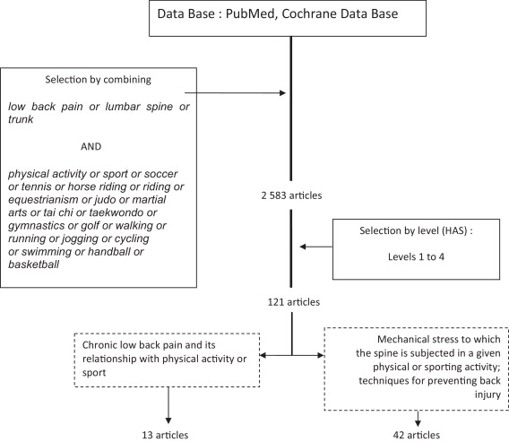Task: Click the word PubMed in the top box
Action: [x=250, y=13]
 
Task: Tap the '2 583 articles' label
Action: [x=291, y=195]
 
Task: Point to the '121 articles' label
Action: [x=293, y=302]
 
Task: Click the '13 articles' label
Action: [x=165, y=435]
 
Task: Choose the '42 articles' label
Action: [x=417, y=435]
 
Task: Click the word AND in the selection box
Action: [x=91, y=146]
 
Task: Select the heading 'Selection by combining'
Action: [x=98, y=80]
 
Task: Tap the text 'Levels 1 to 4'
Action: [x=416, y=257]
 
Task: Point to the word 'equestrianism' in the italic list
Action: [x=44, y=199]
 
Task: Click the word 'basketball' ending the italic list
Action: [x=33, y=264]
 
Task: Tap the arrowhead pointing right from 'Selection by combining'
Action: [x=282, y=93]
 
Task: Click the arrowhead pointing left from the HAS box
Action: [x=303, y=247]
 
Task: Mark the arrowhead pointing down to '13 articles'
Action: [x=168, y=420]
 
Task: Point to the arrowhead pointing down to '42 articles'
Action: [x=418, y=423]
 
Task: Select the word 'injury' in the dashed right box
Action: [x=487, y=394]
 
